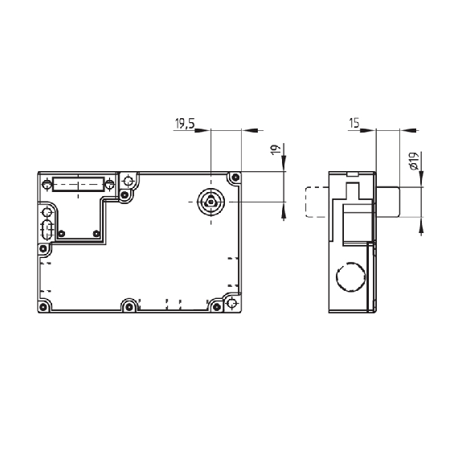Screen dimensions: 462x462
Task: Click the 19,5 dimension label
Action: click(185, 124)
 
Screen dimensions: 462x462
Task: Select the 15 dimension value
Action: click(354, 123)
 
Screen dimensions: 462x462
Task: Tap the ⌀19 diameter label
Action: click(414, 161)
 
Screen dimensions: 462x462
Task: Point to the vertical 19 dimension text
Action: click(276, 150)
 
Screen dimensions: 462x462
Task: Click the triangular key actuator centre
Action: click(211, 202)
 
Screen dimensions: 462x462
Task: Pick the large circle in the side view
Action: click(351, 276)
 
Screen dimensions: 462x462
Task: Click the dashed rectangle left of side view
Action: click(317, 202)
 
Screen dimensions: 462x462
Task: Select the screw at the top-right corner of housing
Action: click(235, 178)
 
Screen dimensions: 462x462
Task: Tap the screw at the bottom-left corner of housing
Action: click(43, 306)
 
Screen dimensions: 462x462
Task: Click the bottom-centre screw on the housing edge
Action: click(129, 307)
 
